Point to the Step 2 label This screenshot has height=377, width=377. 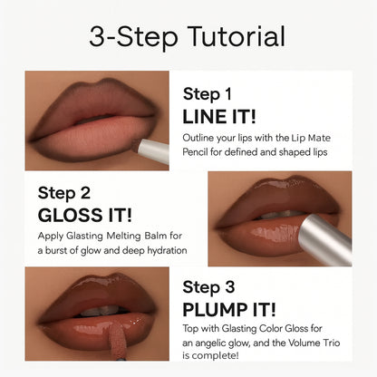click(x=63, y=192)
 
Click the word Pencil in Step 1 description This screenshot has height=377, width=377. click(x=201, y=151)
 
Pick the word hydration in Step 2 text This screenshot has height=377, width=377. click(x=162, y=250)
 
